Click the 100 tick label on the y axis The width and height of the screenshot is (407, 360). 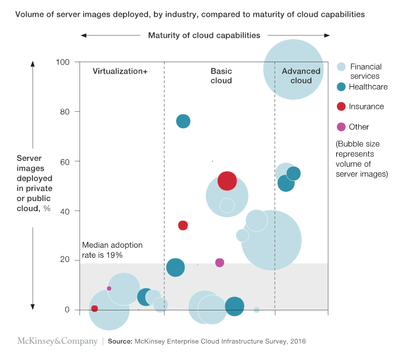[x=62, y=62]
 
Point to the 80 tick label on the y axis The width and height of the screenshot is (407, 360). [x=64, y=112]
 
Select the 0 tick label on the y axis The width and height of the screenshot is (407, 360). [x=66, y=310]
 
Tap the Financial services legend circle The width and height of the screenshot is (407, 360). [x=341, y=67]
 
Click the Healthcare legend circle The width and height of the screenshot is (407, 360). [x=341, y=87]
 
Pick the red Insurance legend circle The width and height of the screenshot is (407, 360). [x=341, y=107]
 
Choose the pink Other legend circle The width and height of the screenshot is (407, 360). [x=341, y=126]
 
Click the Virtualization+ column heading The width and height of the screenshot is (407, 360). [x=120, y=72]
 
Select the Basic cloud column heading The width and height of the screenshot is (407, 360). [x=221, y=76]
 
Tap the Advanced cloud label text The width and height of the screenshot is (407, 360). [x=301, y=76]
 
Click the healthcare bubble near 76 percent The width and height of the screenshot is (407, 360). [x=183, y=121]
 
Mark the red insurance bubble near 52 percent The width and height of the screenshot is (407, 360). [x=227, y=181]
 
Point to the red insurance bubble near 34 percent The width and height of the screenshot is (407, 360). [x=183, y=225]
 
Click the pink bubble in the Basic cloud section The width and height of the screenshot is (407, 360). [x=220, y=262]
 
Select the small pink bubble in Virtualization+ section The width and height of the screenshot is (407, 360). [x=109, y=288]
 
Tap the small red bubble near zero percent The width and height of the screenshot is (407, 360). [x=94, y=309]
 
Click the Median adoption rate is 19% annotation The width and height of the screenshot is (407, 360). [x=112, y=250]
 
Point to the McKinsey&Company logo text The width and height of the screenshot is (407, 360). [x=58, y=341]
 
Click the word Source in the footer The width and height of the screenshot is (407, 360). [x=120, y=342]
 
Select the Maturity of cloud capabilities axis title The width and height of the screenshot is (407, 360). [x=204, y=36]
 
